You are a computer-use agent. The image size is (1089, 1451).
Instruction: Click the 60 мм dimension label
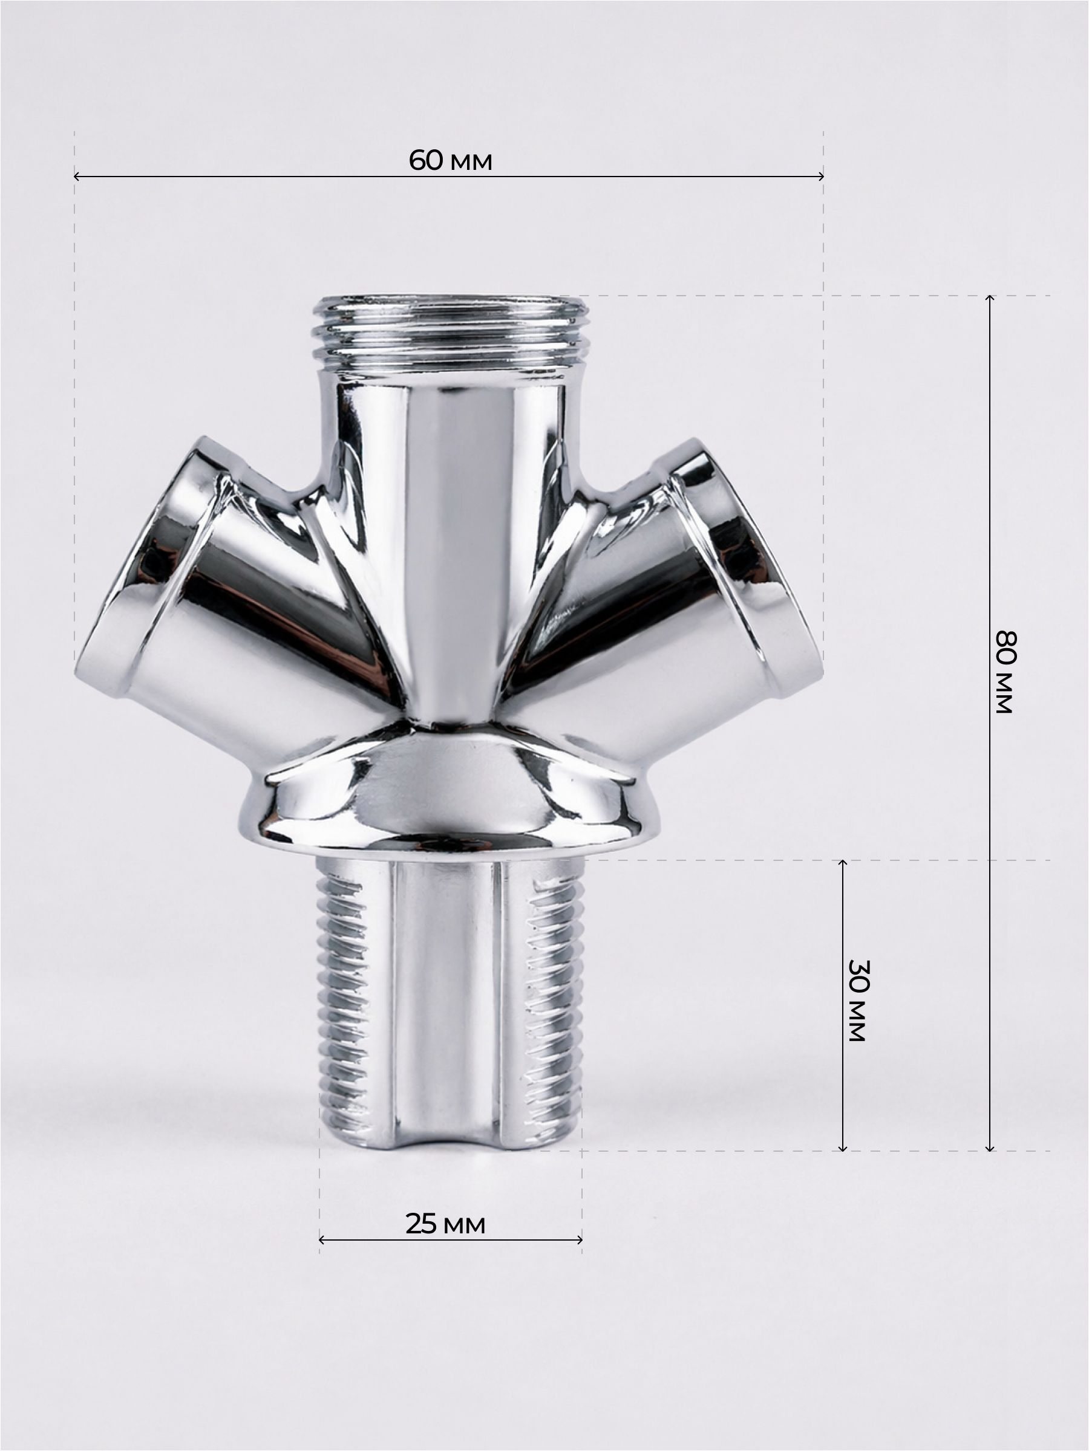(x=450, y=161)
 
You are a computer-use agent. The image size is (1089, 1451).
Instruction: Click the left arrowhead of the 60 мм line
(x=76, y=176)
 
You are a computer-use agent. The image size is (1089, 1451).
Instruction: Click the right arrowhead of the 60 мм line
(x=821, y=176)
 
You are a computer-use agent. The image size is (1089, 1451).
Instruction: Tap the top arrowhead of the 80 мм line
(x=990, y=298)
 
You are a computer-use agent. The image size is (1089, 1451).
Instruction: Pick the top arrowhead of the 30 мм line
(x=843, y=863)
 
